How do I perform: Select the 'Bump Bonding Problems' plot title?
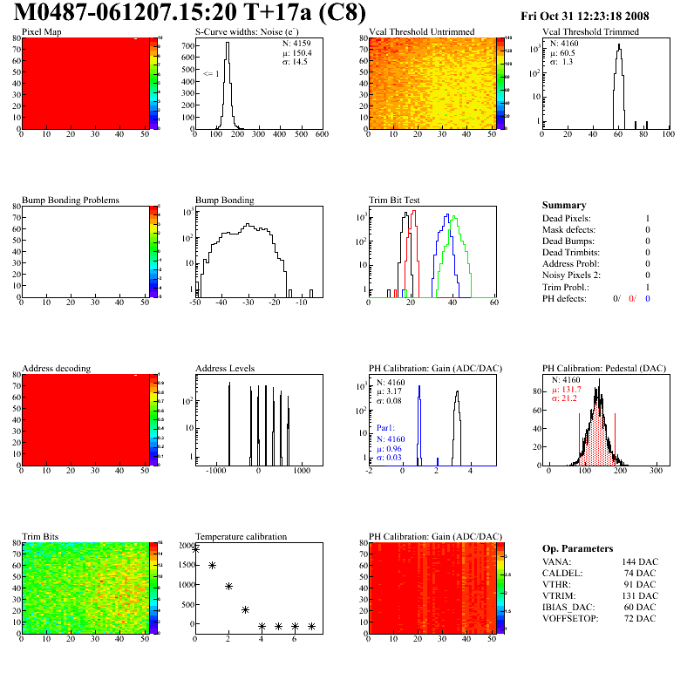pyautogui.click(x=71, y=200)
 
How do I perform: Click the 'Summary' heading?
pyautogui.click(x=564, y=205)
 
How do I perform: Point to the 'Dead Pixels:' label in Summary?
pyautogui.click(x=567, y=218)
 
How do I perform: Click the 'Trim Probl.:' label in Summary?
pyautogui.click(x=566, y=287)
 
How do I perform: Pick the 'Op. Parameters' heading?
pyautogui.click(x=577, y=548)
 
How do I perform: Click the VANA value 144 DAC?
pyautogui.click(x=638, y=562)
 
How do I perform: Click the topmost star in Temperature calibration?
pyautogui.click(x=195, y=549)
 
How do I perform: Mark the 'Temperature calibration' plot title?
pyautogui.click(x=241, y=536)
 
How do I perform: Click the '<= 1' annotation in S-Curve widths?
pyautogui.click(x=210, y=73)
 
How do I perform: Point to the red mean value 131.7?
pyautogui.click(x=571, y=390)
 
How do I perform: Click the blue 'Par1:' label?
pyautogui.click(x=386, y=429)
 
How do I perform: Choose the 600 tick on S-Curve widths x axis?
pyautogui.click(x=321, y=135)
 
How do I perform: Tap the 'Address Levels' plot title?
pyautogui.click(x=225, y=369)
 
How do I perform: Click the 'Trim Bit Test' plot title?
pyautogui.click(x=394, y=200)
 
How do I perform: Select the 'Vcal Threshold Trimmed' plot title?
pyautogui.click(x=590, y=32)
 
